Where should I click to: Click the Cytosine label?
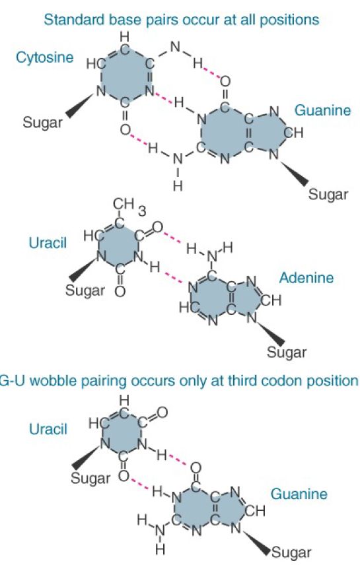pos(44,57)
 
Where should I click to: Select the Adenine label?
pos(306,278)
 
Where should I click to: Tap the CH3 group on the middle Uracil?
pos(129,207)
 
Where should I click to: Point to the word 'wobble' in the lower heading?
pos(54,381)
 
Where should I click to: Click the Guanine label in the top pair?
pos(323,110)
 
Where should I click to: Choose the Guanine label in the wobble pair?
pos(299,494)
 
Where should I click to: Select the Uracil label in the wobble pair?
pos(48,429)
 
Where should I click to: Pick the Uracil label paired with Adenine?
pos(48,242)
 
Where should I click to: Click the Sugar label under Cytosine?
pos(43,123)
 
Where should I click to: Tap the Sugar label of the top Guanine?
pos(328,195)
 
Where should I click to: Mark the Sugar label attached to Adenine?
pos(287,352)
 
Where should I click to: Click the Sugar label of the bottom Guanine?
pos(291,552)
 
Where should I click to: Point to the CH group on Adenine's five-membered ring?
pos(271,300)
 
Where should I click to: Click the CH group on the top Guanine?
pos(293,133)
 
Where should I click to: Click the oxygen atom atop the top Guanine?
pos(225,82)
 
